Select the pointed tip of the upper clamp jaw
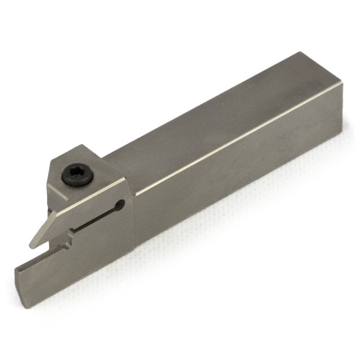[32, 245]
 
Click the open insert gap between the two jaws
[49, 245]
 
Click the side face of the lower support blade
[76, 270]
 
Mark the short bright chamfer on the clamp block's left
[58, 193]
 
